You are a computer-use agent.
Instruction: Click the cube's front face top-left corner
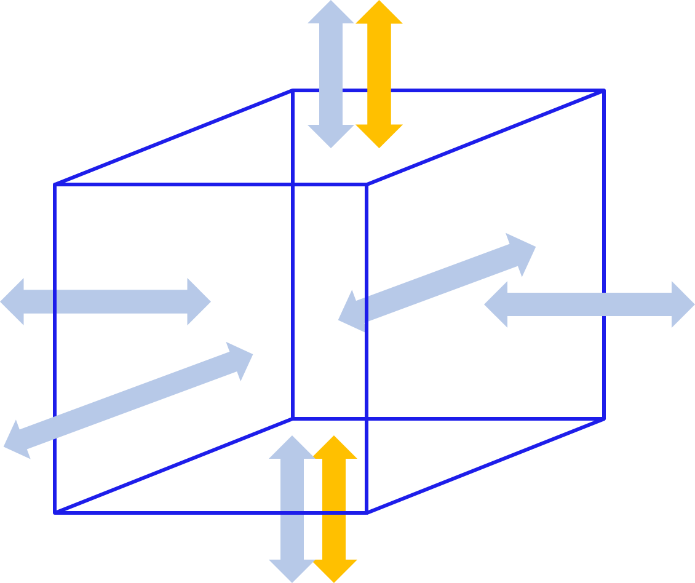[x=55, y=184]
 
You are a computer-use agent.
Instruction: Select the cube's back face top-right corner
[x=605, y=90]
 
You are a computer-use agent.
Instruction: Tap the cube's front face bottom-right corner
[x=367, y=512]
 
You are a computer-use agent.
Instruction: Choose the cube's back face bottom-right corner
[x=605, y=419]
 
